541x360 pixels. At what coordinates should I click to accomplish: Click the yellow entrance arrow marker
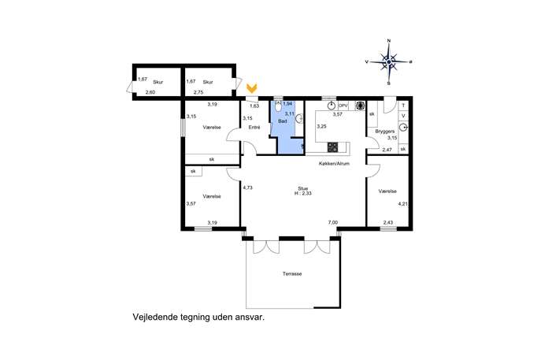252,88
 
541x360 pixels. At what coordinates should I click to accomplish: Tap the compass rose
389,62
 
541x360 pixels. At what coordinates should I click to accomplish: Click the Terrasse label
292,273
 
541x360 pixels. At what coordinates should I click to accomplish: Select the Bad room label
282,121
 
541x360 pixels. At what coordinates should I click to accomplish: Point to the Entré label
254,128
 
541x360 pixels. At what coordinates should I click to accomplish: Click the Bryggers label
385,132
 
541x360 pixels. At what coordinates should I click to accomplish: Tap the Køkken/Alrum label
334,163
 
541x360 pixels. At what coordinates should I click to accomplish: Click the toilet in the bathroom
279,107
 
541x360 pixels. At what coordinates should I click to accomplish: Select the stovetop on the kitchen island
333,147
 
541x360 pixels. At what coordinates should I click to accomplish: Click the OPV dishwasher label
343,106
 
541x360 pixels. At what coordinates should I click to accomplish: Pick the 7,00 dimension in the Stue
333,223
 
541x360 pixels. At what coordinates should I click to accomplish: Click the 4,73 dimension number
248,187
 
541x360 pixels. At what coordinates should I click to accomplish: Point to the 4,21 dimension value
402,204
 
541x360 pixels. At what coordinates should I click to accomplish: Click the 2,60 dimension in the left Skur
150,92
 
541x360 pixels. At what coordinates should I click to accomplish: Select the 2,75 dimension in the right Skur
198,92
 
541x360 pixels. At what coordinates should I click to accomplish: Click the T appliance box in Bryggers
403,106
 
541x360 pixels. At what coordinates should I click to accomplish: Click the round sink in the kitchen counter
332,106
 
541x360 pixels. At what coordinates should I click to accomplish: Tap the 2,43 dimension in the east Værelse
387,223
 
